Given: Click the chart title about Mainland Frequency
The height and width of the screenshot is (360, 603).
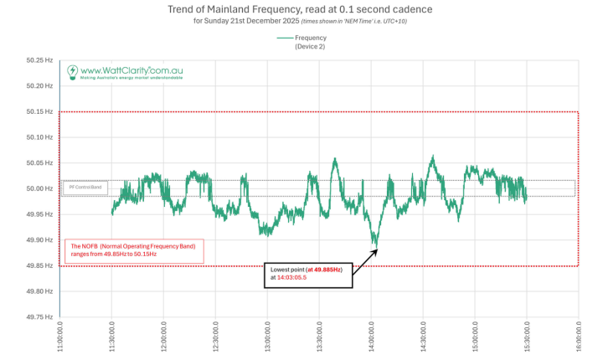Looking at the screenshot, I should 301,8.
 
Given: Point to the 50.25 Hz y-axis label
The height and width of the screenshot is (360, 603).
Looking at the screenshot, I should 40,60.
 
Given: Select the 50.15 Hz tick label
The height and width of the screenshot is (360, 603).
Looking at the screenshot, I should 40,111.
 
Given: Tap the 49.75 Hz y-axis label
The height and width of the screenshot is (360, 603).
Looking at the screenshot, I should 40,317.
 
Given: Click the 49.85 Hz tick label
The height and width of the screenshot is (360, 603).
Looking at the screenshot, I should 40,265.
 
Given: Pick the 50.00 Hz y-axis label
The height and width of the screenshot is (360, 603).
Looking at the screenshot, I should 40,188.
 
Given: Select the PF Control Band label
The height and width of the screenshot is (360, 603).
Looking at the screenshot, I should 85,188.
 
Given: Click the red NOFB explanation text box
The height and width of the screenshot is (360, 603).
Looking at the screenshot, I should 134,250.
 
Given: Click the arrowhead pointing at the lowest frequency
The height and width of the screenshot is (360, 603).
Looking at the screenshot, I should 374,246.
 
